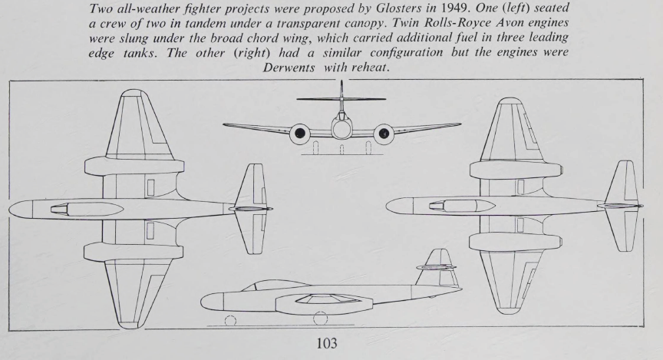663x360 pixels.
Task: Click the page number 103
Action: [x=331, y=345]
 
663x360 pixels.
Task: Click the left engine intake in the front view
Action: [x=300, y=134]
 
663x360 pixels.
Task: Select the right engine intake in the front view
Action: [x=384, y=134]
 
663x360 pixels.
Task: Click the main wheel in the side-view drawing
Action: [x=320, y=318]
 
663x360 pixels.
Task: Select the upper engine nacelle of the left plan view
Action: [x=134, y=166]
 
